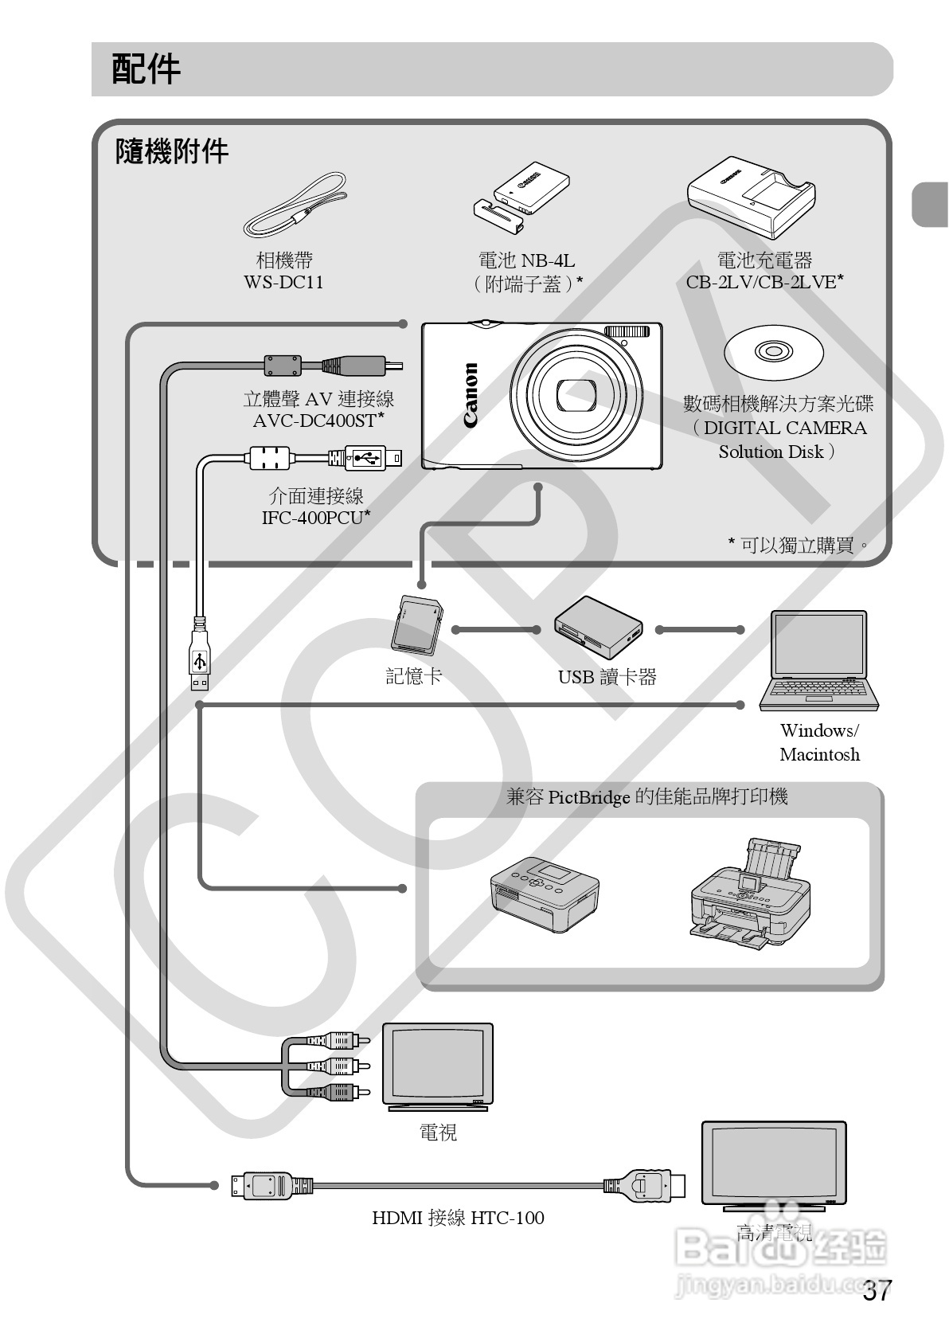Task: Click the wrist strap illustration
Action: (294, 207)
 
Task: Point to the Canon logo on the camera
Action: (471, 396)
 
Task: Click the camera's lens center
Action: (577, 396)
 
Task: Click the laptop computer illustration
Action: (818, 660)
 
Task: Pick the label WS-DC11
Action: (283, 283)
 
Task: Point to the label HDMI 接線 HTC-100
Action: (458, 1218)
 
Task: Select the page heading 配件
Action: (146, 69)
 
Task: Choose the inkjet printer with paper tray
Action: (748, 896)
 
